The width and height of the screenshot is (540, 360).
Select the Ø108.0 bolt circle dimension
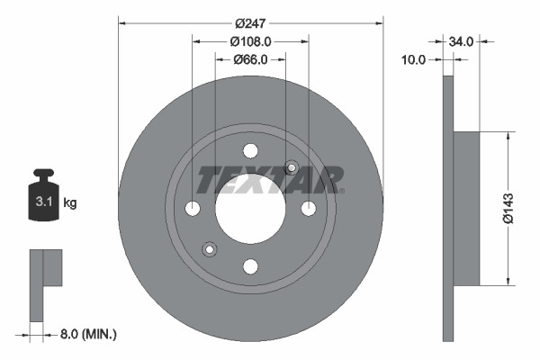[250, 40]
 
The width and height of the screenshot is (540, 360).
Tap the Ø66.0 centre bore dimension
[250, 60]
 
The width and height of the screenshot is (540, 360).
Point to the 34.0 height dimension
[462, 40]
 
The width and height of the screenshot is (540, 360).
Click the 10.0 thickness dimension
[413, 59]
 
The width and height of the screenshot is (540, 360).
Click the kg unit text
[70, 202]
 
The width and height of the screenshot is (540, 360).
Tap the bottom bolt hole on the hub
[250, 265]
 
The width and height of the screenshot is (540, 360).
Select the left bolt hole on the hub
[193, 209]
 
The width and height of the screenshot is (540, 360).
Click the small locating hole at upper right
[291, 167]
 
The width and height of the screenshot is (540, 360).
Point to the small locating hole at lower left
[210, 249]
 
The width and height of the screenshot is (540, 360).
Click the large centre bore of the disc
[250, 209]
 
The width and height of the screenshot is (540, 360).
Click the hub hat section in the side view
[465, 209]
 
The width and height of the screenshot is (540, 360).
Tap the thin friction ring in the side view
[447, 209]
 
